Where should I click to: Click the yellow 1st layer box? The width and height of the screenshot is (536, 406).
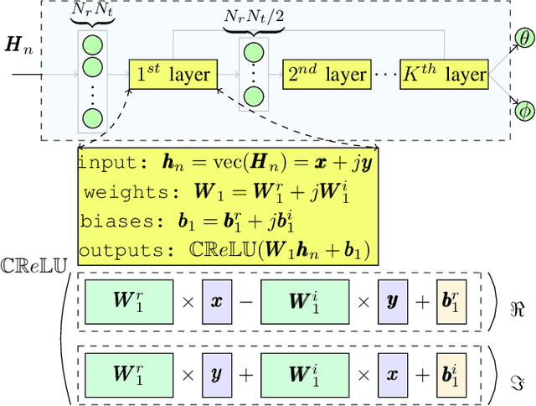173,74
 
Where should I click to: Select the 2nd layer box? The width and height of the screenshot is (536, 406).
326,74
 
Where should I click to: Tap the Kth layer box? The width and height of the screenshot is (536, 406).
443,74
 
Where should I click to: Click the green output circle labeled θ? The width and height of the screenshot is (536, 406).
525,39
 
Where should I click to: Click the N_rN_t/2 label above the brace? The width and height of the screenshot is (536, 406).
255,16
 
